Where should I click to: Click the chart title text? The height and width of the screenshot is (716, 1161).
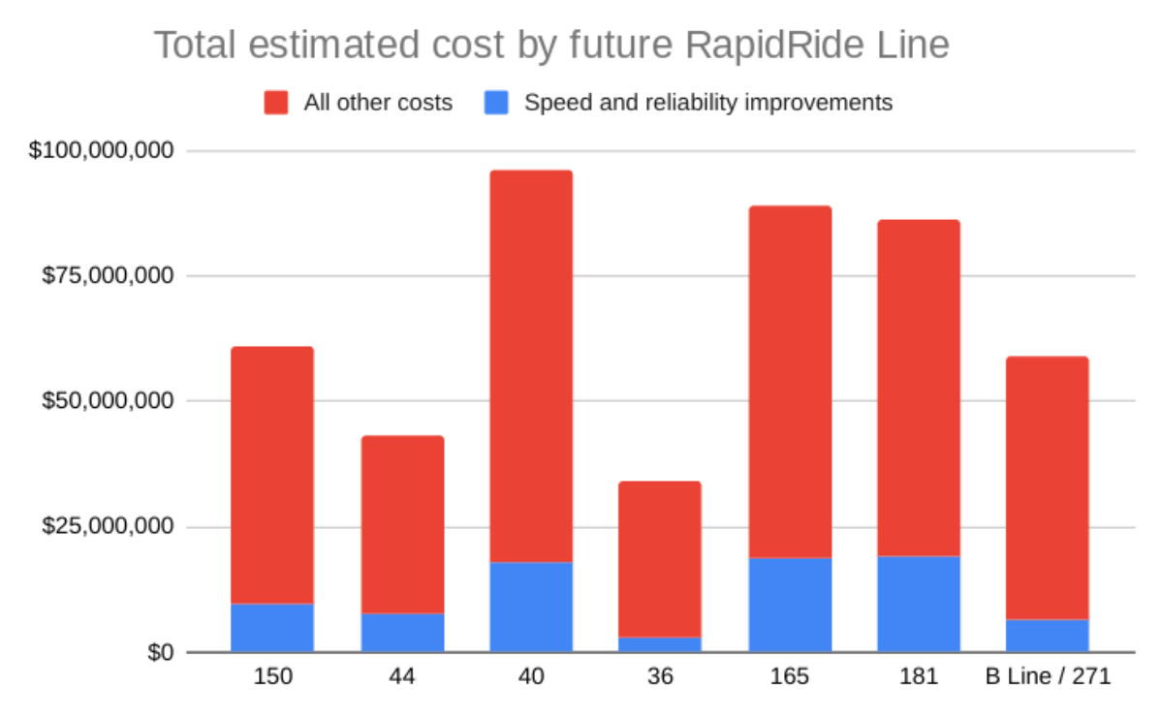click(551, 46)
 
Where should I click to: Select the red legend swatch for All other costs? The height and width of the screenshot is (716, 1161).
click(277, 103)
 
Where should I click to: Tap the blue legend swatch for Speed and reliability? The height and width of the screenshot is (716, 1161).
click(496, 103)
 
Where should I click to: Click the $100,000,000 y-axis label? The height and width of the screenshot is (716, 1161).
click(102, 151)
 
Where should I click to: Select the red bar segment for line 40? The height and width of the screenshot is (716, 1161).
click(530, 366)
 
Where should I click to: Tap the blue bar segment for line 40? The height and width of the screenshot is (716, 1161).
click(530, 607)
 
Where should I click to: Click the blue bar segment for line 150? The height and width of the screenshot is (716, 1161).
click(272, 628)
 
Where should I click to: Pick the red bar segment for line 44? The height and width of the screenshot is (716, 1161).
click(402, 524)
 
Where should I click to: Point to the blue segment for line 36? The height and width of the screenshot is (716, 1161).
click(660, 644)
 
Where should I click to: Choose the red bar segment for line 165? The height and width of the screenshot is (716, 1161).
click(790, 382)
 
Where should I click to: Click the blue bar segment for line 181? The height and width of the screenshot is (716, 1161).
click(919, 604)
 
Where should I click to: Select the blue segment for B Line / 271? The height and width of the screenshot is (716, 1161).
click(1048, 636)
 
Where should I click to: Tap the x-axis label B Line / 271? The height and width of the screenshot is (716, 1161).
click(1048, 677)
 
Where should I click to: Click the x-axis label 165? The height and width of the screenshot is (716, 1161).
click(790, 677)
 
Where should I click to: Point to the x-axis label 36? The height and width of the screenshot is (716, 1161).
click(660, 677)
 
